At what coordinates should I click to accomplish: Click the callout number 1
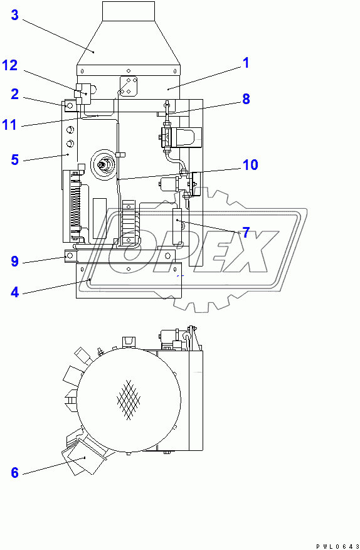[x=246, y=63]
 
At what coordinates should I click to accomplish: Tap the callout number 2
[x=14, y=95]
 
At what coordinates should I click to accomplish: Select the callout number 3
[x=14, y=16]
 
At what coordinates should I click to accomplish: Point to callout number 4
[x=14, y=291]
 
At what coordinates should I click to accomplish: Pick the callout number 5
[x=14, y=159]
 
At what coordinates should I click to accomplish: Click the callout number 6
[x=14, y=472]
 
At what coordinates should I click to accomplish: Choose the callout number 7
[x=246, y=233]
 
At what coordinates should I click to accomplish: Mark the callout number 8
[x=246, y=98]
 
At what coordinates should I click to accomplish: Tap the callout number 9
[x=14, y=261]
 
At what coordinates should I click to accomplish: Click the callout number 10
[x=250, y=165]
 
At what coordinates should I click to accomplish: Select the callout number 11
[x=9, y=124]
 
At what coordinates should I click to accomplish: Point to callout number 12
[x=9, y=65]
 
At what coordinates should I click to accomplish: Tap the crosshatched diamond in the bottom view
[x=129, y=398]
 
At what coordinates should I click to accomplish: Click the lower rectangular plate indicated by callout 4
[x=128, y=280]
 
